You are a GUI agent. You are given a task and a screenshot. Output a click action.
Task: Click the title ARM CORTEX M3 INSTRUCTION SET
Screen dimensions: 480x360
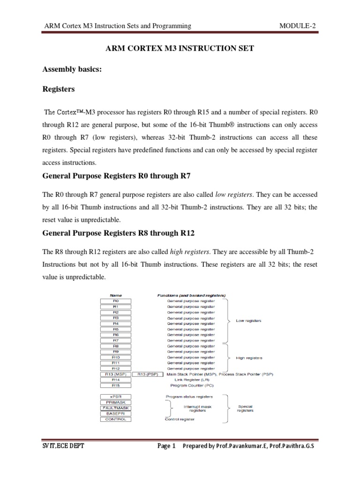tap(180, 49)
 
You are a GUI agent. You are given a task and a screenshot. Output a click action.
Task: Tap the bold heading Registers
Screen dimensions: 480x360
tap(59, 89)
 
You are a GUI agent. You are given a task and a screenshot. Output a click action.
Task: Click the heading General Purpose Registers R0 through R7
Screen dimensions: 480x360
tap(117, 177)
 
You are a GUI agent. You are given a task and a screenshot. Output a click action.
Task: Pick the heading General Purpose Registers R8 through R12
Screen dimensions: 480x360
tap(119, 233)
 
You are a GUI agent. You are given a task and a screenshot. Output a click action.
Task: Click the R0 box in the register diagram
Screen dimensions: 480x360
tap(115, 301)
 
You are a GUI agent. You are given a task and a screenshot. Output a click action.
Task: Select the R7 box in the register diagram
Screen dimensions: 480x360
tap(115, 340)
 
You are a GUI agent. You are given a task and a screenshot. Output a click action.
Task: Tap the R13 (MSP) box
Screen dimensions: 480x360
tap(115, 374)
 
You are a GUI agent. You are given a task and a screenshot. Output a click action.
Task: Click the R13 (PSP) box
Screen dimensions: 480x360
tap(148, 374)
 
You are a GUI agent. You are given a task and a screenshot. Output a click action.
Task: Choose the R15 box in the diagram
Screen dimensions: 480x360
tap(115, 385)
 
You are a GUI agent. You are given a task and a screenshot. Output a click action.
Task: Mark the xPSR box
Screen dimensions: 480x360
tap(115, 397)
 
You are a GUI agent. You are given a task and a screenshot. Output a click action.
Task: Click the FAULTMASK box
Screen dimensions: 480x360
tap(115, 408)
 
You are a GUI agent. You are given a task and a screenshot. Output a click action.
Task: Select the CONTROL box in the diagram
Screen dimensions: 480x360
tap(115, 419)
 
